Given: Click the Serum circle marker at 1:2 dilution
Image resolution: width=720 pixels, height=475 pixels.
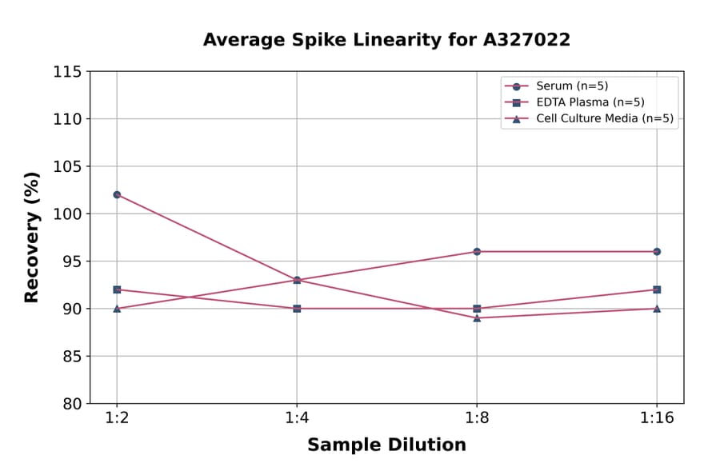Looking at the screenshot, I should tap(117, 194).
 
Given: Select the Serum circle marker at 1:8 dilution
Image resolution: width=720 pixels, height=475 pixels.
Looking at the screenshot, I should tap(477, 251).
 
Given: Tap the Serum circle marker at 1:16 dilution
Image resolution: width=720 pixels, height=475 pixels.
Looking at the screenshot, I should tap(657, 251).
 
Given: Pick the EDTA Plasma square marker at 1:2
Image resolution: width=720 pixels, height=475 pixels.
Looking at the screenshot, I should tap(117, 289).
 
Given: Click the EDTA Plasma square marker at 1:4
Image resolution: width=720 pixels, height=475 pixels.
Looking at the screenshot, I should tap(297, 309).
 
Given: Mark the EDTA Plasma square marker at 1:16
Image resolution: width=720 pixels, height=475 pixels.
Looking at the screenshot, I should tap(657, 289).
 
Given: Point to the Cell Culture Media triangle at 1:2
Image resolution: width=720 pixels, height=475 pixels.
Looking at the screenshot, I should tap(117, 309).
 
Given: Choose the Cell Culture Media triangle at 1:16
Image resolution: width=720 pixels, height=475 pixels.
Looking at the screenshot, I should tap(657, 309).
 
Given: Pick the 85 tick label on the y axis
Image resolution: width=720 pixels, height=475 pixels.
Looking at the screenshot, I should tap(71, 357).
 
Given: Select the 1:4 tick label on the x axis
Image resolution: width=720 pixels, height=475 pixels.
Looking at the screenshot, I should tap(297, 419).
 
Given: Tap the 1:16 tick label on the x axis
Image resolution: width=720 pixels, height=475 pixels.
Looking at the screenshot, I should tap(657, 419).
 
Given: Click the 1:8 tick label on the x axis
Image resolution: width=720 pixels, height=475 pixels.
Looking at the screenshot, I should tap(477, 419).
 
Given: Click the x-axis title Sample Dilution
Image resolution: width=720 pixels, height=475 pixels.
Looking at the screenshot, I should tap(386, 445).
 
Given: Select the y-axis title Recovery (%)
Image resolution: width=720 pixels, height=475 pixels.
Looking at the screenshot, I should tap(32, 237).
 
